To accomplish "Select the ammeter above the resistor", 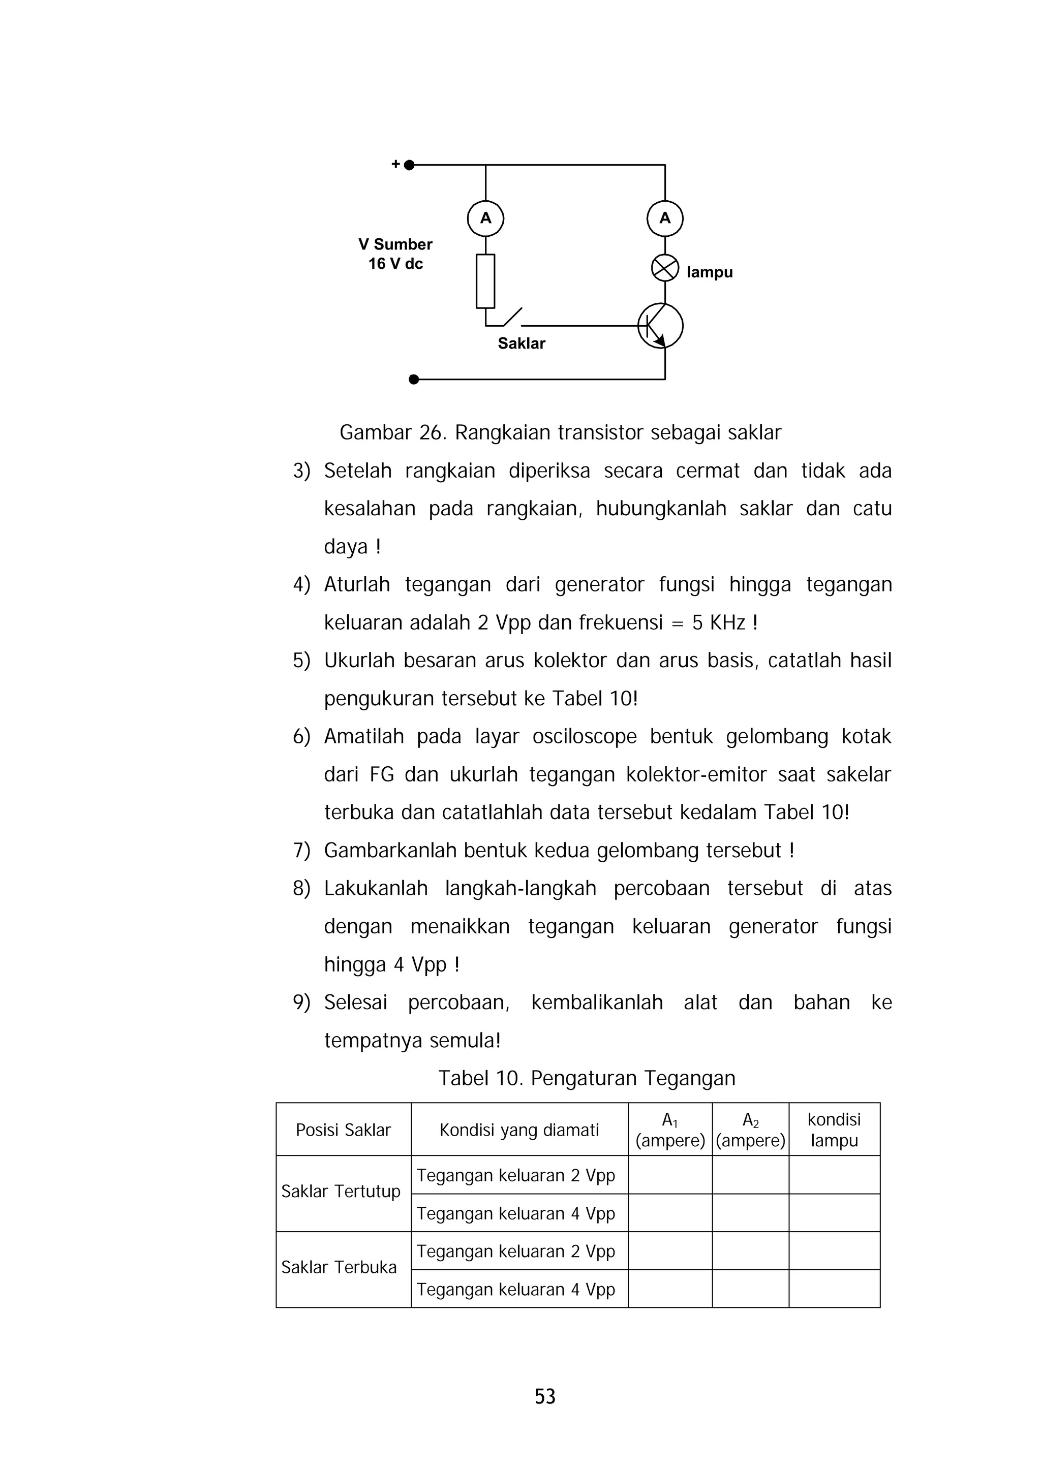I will click(x=485, y=218).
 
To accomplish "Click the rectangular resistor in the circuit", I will click(x=485, y=281).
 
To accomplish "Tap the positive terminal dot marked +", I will click(x=409, y=165).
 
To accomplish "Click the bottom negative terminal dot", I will click(x=414, y=380).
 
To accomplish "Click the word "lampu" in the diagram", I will click(x=710, y=272).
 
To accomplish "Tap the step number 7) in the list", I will click(x=301, y=851).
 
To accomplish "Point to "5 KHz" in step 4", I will click(x=718, y=622).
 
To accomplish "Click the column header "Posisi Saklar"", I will click(x=343, y=1130).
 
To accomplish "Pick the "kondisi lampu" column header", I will click(x=834, y=1130).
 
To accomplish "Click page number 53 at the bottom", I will click(x=545, y=1396).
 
